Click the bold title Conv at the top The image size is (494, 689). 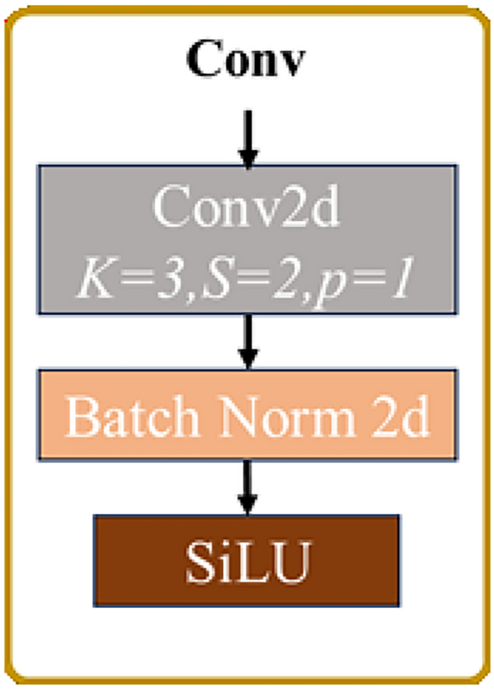point(247,60)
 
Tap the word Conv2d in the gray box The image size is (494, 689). point(247,210)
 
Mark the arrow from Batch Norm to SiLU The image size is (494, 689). point(247,486)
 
